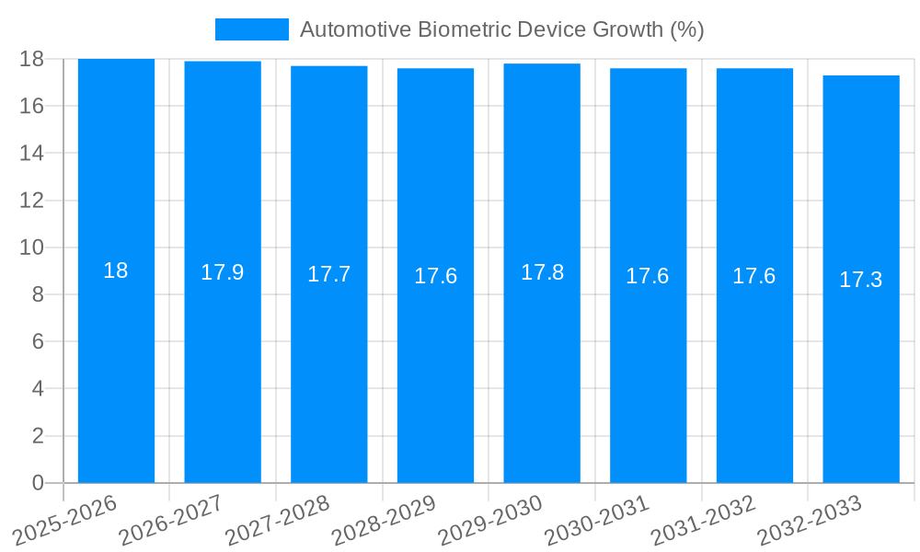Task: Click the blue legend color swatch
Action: (x=251, y=29)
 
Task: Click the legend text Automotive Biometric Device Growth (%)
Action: (x=501, y=29)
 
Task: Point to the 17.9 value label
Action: (x=223, y=272)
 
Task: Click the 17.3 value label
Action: (x=861, y=280)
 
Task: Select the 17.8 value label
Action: (x=542, y=272)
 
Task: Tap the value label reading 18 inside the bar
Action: (x=116, y=270)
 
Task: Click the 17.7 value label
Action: (x=328, y=274)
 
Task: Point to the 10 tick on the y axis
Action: (x=32, y=247)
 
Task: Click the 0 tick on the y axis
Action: (x=38, y=483)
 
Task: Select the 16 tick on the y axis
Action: (x=32, y=106)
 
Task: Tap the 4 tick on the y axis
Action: (x=38, y=388)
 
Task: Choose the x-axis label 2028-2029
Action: (x=384, y=521)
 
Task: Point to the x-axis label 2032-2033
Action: (x=810, y=521)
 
